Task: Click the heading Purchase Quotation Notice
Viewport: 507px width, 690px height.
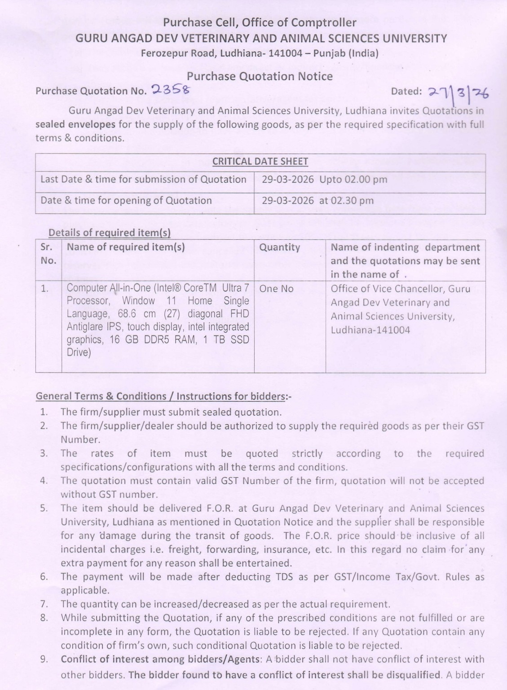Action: [x=260, y=76]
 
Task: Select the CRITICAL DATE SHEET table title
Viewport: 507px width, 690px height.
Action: [x=260, y=162]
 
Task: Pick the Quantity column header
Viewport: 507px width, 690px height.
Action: [x=279, y=247]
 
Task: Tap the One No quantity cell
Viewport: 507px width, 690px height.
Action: [x=276, y=289]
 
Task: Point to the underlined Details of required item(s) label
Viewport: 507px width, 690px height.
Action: [x=109, y=233]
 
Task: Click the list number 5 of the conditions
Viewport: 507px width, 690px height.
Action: [x=44, y=508]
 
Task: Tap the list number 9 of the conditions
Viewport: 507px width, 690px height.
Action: [x=44, y=659]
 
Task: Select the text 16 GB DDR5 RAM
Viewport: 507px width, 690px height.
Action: [x=152, y=340]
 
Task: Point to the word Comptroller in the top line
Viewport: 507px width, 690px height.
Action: [x=323, y=22]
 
